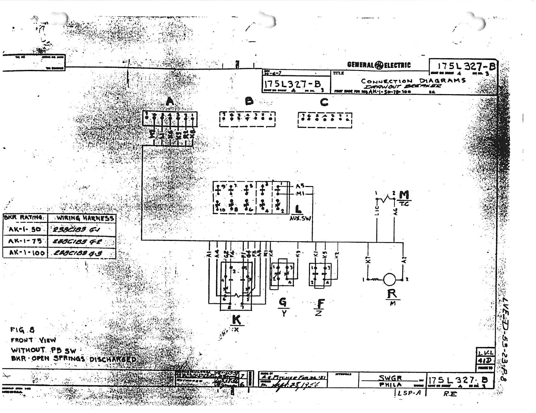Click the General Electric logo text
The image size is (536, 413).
click(x=379, y=65)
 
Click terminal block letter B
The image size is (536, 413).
click(x=249, y=101)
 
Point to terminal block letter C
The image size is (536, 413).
click(x=324, y=102)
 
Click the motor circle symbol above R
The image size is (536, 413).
click(x=389, y=280)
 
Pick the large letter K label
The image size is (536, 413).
click(x=236, y=319)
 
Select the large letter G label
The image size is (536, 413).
click(x=283, y=302)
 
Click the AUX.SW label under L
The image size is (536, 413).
click(x=300, y=219)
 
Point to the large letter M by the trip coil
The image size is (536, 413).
click(x=404, y=195)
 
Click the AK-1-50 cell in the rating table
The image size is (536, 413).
click(x=25, y=229)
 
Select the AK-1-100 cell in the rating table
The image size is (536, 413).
click(x=25, y=252)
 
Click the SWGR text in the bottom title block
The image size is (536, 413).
click(x=390, y=378)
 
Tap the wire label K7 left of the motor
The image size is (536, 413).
click(x=368, y=260)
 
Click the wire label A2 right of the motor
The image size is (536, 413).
click(x=404, y=260)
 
